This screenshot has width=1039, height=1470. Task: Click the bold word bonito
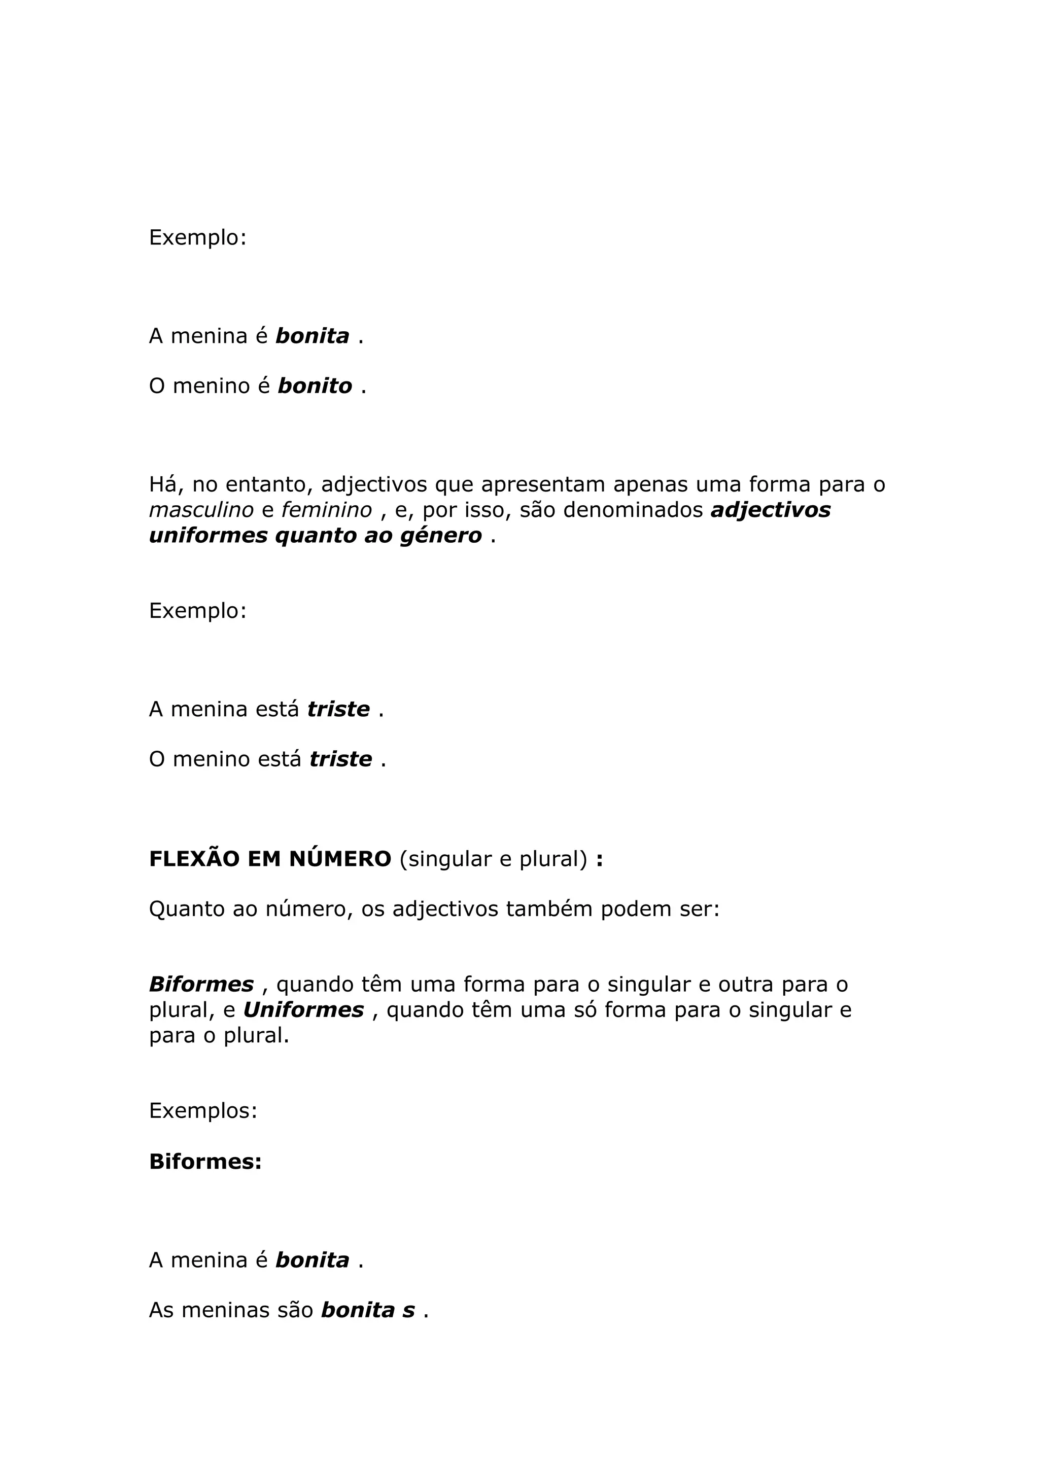click(x=315, y=386)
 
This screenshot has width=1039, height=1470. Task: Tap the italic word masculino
click(x=201, y=510)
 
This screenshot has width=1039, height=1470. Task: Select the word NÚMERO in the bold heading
click(x=340, y=859)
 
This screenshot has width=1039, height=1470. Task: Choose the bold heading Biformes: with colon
click(x=205, y=1162)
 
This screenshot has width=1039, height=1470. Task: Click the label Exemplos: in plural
click(x=203, y=1111)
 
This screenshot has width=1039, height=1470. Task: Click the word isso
click(x=484, y=510)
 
